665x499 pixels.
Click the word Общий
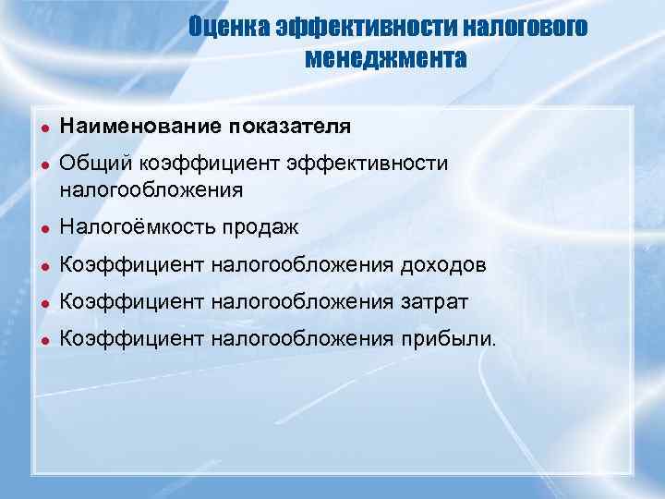96,164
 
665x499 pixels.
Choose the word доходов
443,265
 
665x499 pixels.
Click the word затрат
435,302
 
